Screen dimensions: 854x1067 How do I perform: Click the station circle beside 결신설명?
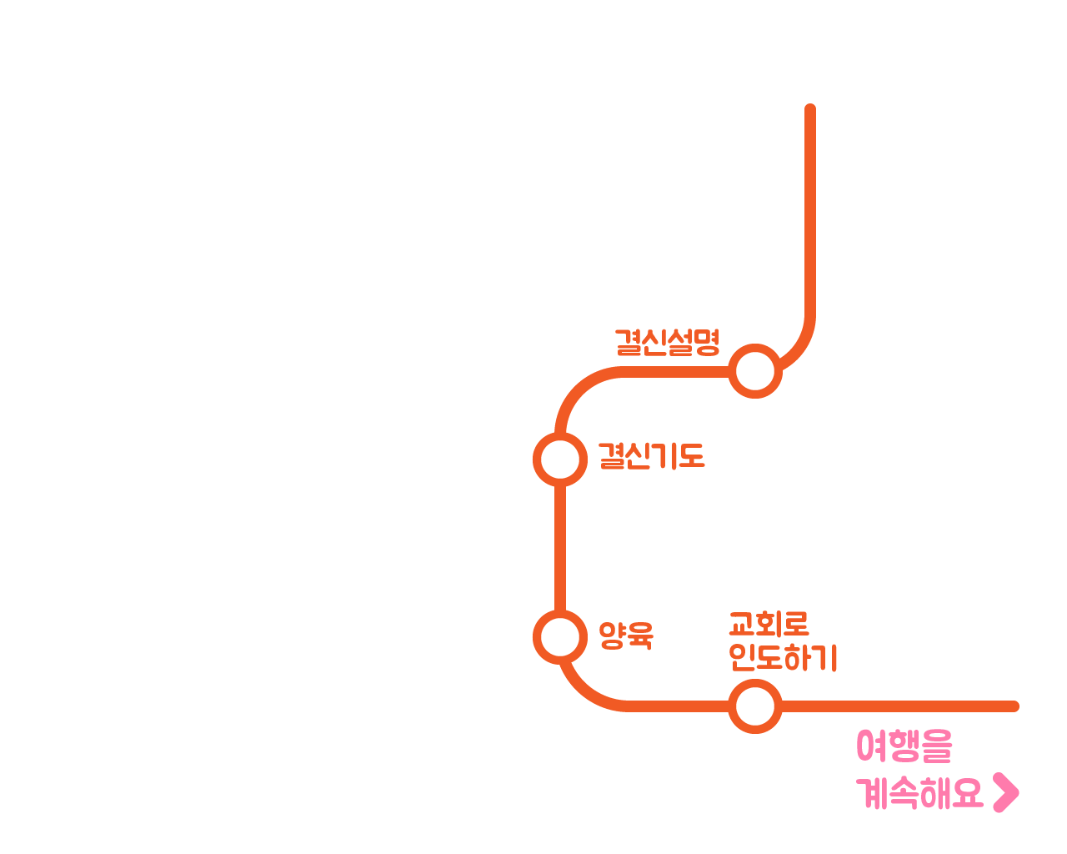pos(755,371)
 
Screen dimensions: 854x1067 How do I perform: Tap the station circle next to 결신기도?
pos(559,459)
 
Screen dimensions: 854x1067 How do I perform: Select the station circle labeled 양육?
pos(559,637)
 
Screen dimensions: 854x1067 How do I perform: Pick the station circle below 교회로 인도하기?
pos(755,706)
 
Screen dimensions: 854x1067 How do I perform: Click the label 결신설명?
pos(667,342)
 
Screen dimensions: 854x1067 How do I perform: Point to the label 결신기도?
pos(651,456)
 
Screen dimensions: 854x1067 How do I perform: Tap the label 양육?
pos(626,635)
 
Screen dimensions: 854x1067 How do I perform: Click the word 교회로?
pos(769,624)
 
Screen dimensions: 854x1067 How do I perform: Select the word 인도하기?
pos(783,657)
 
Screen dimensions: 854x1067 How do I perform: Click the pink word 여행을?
pos(904,746)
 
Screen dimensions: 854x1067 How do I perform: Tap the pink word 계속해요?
pos(920,792)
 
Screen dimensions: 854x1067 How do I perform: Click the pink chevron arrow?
pos(1006,792)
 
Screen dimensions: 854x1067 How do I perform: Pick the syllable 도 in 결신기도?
pos(691,456)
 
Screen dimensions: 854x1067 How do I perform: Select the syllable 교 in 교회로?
pos(742,624)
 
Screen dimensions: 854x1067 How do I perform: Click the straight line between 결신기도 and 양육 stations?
pos(559,548)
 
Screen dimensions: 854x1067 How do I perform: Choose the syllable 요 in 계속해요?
pos(967,792)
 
